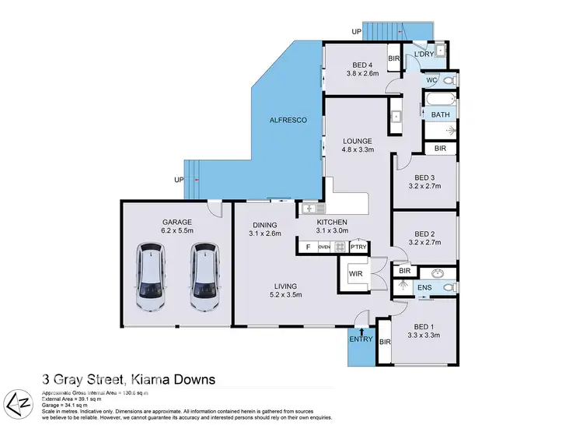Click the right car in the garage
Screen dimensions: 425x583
204,276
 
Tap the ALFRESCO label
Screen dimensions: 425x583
288,121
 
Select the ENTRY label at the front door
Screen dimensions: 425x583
361,339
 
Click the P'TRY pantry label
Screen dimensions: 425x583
358,247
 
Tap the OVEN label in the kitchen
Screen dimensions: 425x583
324,247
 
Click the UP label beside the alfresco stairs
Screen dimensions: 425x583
180,180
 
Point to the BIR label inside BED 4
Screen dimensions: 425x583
393,58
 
